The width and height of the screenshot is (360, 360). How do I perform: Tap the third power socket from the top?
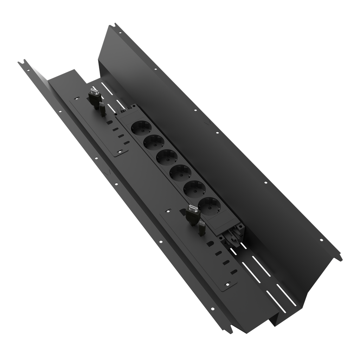click(x=166, y=157)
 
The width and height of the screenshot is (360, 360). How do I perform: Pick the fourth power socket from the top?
click(x=179, y=173)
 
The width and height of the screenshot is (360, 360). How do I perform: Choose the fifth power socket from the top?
click(x=193, y=188)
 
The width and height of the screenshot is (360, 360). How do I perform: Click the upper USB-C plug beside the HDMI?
click(x=102, y=109)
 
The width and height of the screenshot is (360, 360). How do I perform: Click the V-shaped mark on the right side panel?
click(x=207, y=123)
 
